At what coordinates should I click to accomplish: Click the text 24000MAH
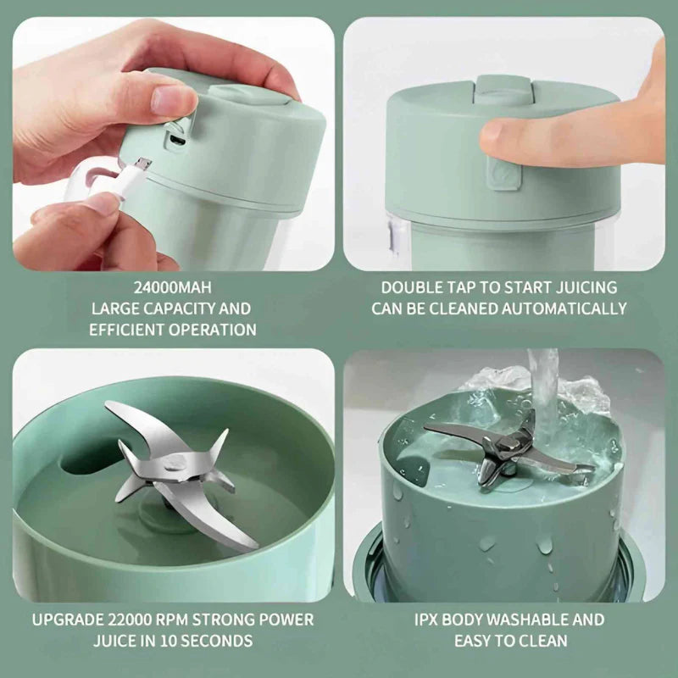(x=174, y=287)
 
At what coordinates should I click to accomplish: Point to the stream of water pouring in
(x=542, y=390)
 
